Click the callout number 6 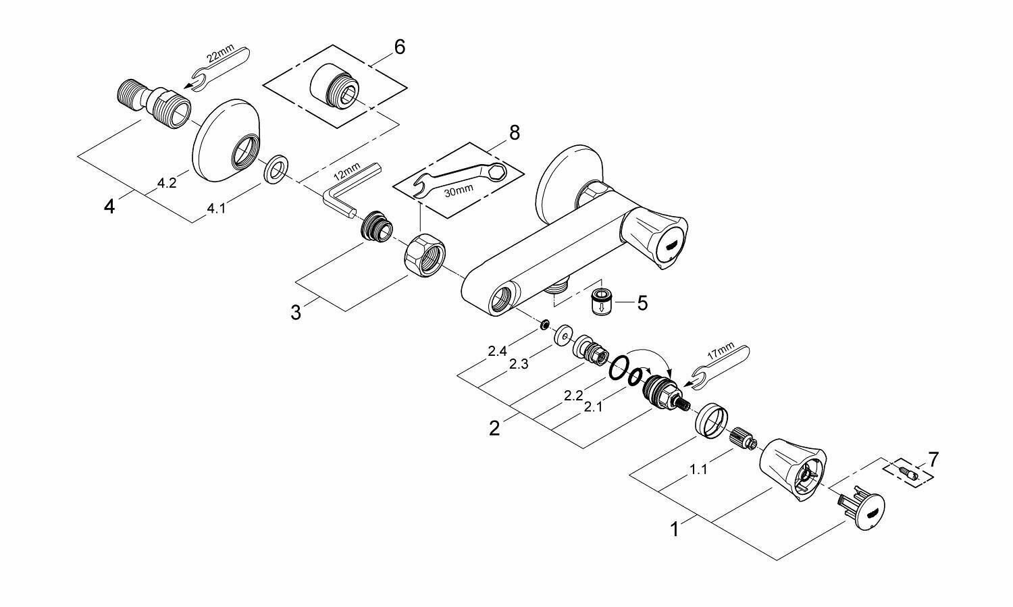point(399,47)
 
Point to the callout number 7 point(933,460)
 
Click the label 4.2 point(167,184)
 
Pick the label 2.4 point(497,351)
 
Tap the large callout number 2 point(494,428)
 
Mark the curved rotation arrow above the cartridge point(648,358)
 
